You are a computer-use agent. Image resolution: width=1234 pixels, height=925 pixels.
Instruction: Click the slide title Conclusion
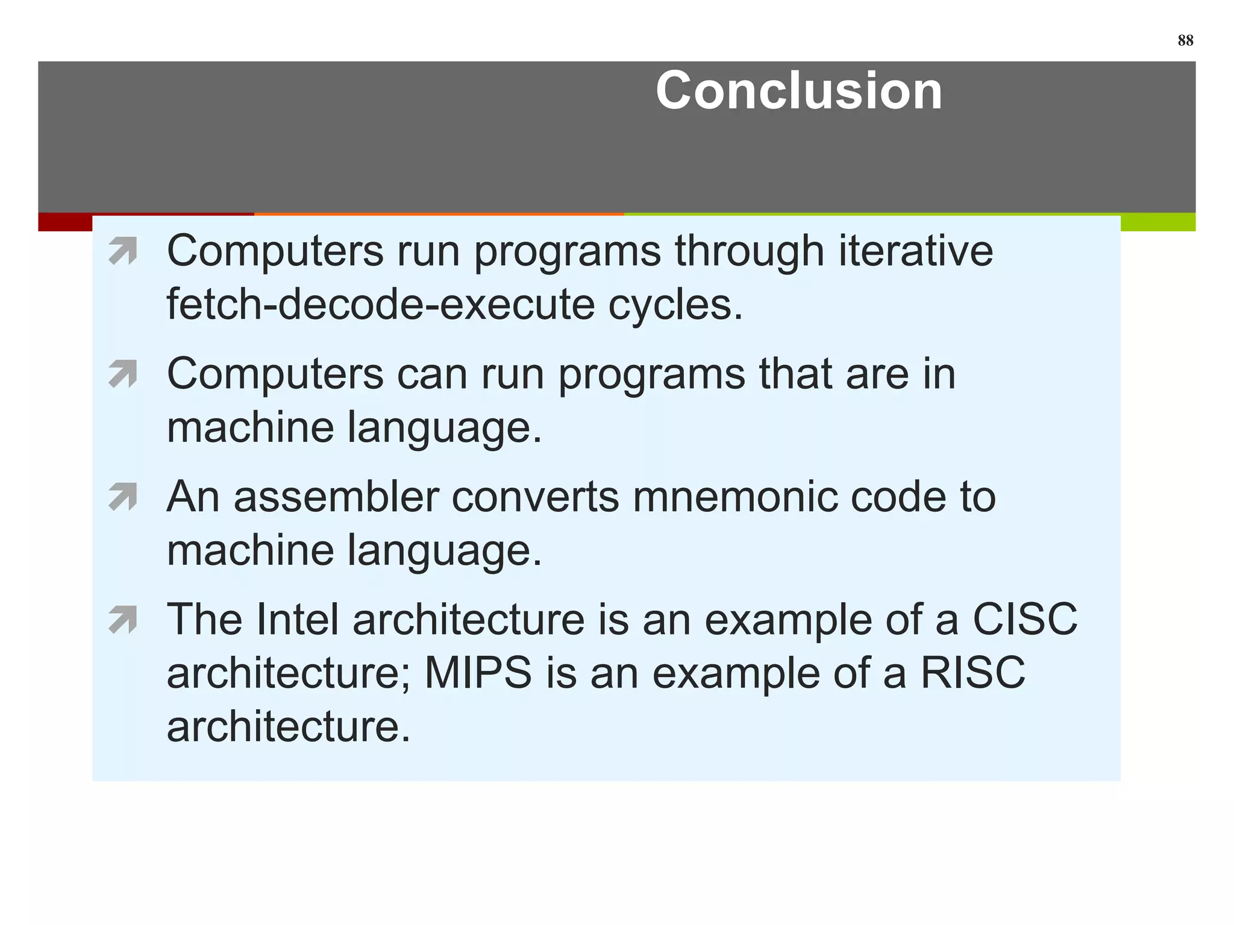pos(798,91)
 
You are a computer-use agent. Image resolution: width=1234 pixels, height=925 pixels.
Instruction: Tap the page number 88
pos(1185,40)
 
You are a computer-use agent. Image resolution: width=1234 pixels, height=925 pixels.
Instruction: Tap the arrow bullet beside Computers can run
pos(123,374)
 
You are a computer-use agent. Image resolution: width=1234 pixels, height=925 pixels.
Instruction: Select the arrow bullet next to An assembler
pos(123,497)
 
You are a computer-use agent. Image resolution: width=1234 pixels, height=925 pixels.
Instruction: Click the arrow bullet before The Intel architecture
pos(123,620)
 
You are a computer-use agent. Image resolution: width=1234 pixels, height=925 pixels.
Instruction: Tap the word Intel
pos(296,620)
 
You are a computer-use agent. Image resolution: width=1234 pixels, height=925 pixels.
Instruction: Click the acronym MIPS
pos(478,673)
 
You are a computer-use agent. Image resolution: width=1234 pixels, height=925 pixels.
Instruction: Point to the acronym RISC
pos(972,673)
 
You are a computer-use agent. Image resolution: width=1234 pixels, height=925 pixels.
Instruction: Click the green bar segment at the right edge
pos(1157,222)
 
